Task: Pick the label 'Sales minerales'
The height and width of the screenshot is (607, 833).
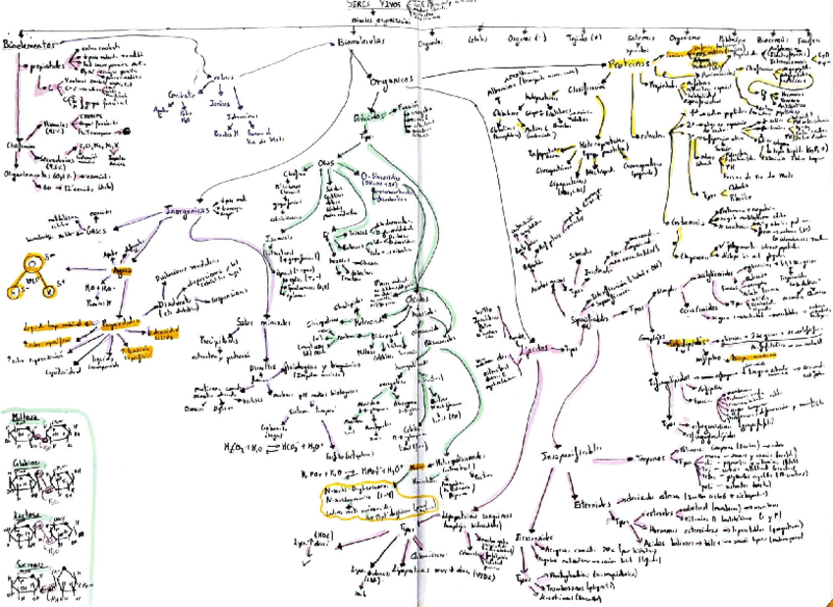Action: (259, 322)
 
